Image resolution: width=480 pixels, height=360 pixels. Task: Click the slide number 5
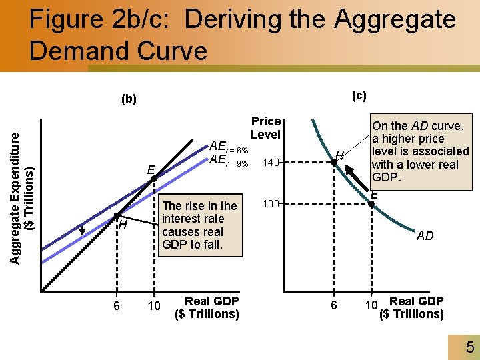[469, 347]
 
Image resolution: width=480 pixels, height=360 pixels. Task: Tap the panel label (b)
[129, 99]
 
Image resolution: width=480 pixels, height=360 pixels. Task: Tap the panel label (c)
[359, 95]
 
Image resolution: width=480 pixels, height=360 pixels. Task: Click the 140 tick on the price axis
[269, 162]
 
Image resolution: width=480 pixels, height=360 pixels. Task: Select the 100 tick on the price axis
[269, 202]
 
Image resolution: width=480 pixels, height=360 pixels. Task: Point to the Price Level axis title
[265, 127]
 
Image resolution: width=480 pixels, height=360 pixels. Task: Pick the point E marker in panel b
[153, 178]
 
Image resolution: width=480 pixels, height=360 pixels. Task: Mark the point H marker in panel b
[115, 215]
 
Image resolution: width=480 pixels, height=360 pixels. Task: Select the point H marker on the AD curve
[334, 162]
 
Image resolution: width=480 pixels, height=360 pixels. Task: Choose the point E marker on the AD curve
[373, 203]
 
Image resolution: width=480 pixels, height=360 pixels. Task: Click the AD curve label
[425, 236]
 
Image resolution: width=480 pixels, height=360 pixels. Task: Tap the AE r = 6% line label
[229, 147]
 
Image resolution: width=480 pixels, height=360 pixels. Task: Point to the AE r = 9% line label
[229, 161]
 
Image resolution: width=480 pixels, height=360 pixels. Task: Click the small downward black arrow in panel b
[83, 229]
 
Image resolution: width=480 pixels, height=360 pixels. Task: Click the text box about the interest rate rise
[199, 225]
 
